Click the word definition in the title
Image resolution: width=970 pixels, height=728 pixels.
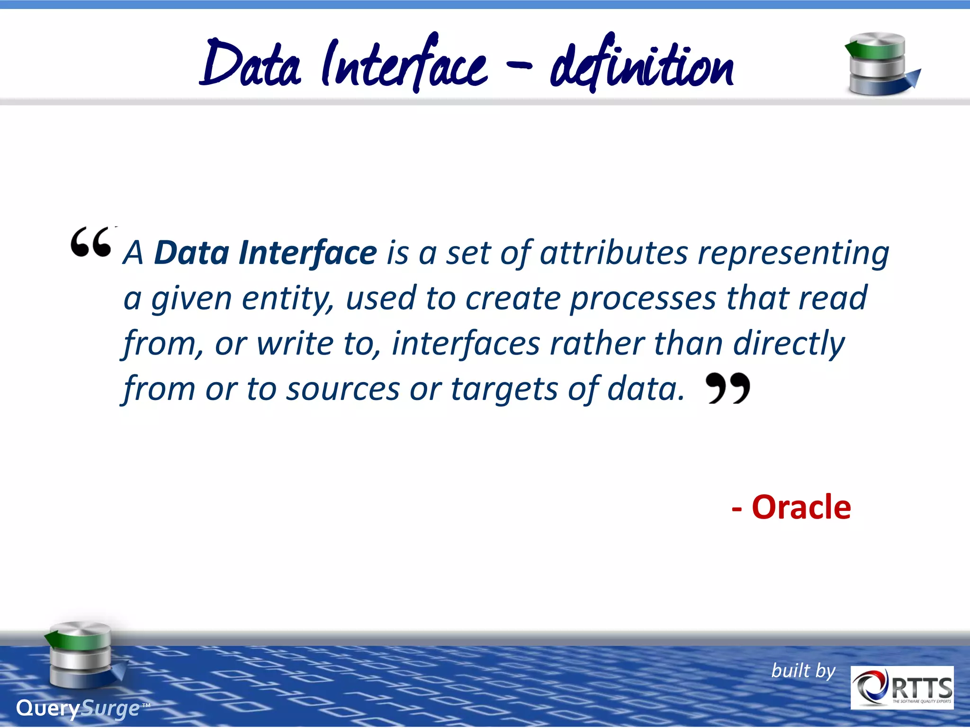[641, 66]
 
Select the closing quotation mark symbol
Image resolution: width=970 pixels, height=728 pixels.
[727, 388]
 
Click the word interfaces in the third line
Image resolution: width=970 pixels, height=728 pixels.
[466, 343]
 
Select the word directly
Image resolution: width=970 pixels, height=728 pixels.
[789, 344]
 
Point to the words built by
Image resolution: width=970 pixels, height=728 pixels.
[803, 671]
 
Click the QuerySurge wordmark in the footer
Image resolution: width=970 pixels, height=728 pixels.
[78, 709]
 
